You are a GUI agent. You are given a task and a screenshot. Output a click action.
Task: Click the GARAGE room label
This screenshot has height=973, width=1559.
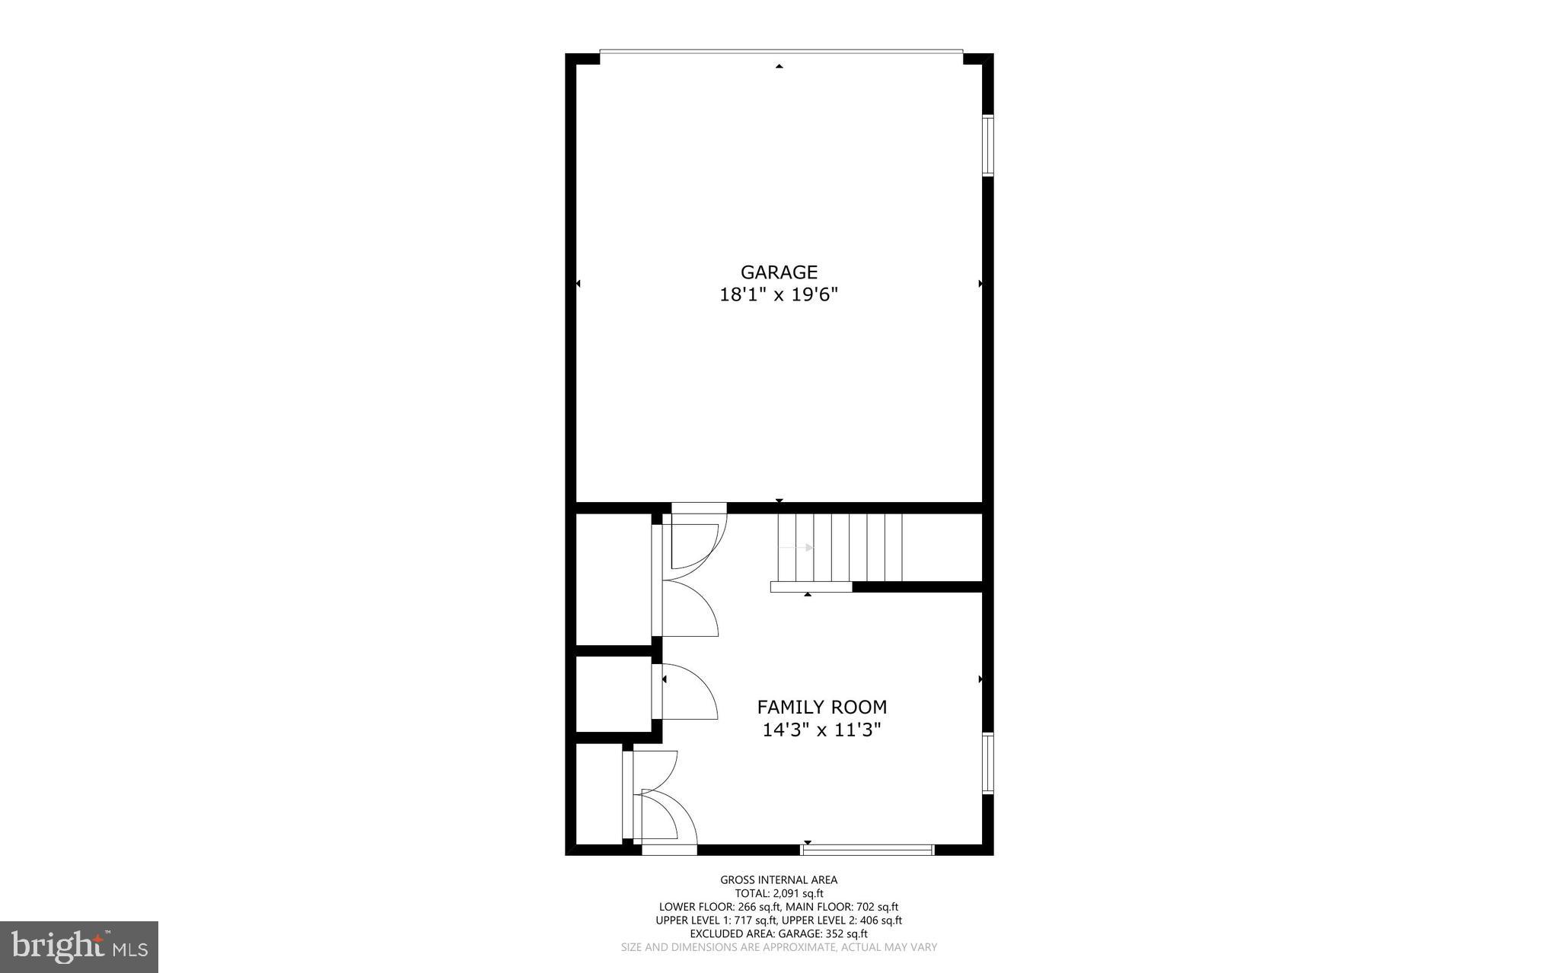(x=779, y=272)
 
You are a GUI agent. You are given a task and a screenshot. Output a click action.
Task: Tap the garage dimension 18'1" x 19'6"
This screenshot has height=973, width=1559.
(x=779, y=295)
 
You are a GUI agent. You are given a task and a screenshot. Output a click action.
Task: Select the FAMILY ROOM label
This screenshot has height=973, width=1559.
(x=821, y=707)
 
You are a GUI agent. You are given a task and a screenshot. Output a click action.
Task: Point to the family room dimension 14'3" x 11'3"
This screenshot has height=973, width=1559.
(x=821, y=730)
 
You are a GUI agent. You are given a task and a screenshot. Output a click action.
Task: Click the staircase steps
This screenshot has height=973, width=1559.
(x=840, y=547)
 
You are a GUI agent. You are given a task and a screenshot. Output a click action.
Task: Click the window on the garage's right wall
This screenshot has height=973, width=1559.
(x=987, y=145)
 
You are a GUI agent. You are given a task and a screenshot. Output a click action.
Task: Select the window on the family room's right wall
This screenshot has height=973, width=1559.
(x=987, y=763)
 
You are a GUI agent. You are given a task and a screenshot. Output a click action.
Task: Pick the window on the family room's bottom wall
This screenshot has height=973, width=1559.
(x=868, y=850)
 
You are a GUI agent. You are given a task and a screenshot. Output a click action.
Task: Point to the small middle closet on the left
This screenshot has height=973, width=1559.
(x=613, y=694)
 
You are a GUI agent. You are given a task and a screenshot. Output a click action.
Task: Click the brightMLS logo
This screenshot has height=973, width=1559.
(x=79, y=946)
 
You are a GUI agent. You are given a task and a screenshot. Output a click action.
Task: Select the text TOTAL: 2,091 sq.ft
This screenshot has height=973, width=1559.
(x=779, y=894)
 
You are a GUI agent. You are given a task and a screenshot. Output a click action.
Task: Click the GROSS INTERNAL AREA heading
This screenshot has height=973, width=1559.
(x=779, y=880)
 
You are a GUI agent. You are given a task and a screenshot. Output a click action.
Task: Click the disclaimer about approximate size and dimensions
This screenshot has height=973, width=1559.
(x=779, y=948)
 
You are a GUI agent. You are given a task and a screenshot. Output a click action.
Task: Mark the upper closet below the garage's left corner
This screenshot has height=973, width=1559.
(x=613, y=578)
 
